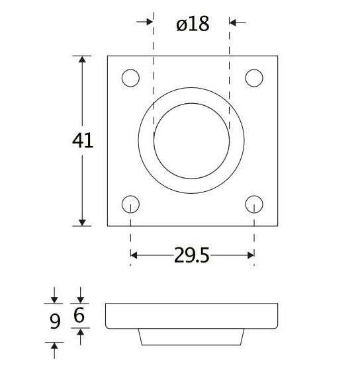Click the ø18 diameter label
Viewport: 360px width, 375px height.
(193, 24)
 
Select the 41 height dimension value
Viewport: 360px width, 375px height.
(83, 141)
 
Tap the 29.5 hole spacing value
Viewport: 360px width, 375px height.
(192, 255)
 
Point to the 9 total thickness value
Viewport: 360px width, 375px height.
(55, 321)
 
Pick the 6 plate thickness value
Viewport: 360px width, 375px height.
(79, 316)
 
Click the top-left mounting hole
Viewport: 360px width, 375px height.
(131, 78)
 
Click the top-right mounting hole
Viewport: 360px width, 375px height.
(254, 78)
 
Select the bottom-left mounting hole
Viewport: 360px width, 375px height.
(131, 203)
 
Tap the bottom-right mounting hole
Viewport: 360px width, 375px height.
(254, 203)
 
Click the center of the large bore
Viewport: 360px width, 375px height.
(191, 140)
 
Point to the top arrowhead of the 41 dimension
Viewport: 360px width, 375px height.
(83, 61)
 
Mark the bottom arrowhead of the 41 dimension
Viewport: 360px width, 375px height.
(83, 221)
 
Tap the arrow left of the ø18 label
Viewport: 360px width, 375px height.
(146, 22)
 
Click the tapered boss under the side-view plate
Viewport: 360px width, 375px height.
(191, 337)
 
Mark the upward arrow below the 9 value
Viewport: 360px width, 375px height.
(55, 348)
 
